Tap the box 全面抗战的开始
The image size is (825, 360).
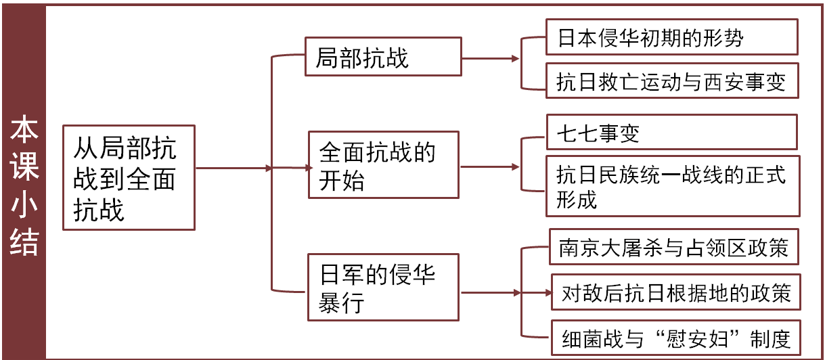[383, 165]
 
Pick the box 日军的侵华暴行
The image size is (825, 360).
[383, 287]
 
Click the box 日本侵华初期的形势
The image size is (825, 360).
[671, 38]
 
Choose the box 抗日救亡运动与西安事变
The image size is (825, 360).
[671, 81]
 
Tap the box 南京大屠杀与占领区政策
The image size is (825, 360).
[674, 248]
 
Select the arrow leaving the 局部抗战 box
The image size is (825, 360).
[491, 59]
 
